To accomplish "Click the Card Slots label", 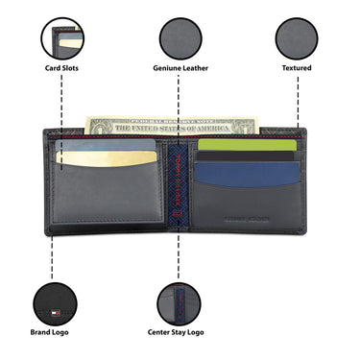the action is pos(61,68).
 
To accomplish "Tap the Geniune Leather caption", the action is pos(180,68).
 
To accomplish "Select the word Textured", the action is pos(297,68).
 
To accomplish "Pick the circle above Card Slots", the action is pos(61,38).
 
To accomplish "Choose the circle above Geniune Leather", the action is pos(180,38).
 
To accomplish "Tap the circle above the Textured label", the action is pos(297,38).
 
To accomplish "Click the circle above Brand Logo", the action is pos(61,299).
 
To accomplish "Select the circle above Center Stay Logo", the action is pos(180,299).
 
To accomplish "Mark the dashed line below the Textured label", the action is pos(298,101).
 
